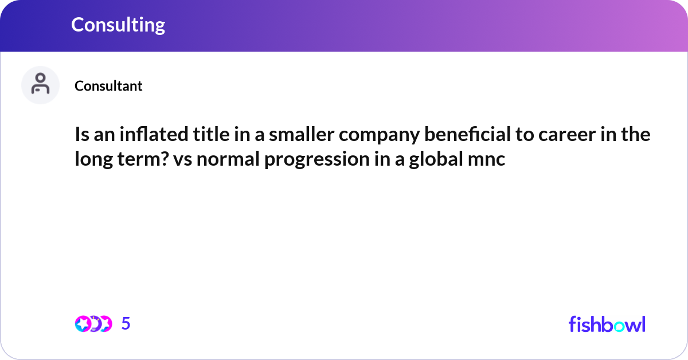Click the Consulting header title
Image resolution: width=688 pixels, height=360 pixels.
(x=118, y=25)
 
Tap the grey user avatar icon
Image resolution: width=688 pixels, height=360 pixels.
(x=40, y=85)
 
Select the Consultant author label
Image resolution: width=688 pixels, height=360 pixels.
(x=108, y=86)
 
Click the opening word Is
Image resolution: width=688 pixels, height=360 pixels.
(x=81, y=135)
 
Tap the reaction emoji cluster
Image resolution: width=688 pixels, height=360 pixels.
(x=93, y=324)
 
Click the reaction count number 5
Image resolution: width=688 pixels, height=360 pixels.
(x=126, y=324)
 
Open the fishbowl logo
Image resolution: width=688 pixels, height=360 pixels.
(x=607, y=324)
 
